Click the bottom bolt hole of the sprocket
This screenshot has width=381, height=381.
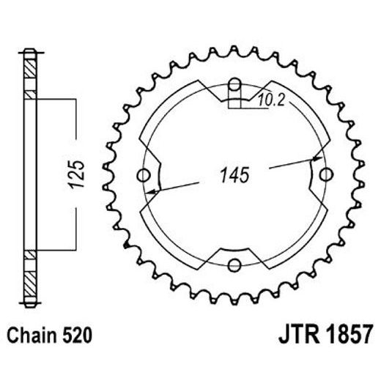click(x=234, y=265)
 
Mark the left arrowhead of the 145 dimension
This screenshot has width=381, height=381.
click(x=152, y=192)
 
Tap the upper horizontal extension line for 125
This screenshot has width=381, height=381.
click(x=55, y=97)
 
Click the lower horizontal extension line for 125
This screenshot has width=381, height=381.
click(x=55, y=251)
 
